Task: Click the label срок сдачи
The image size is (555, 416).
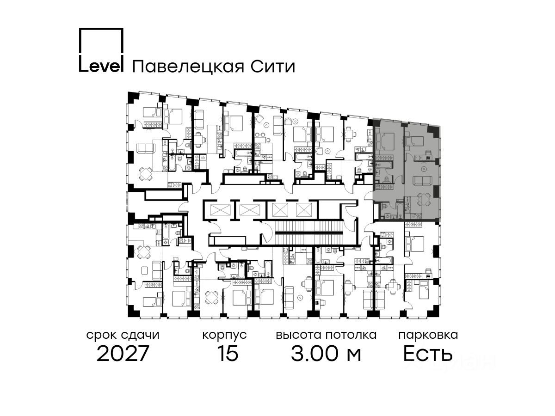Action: (x=123, y=335)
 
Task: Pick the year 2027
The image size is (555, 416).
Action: (x=123, y=354)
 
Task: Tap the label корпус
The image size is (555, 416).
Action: (x=224, y=335)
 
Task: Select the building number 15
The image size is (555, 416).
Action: (x=227, y=354)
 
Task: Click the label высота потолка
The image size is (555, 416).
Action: (x=326, y=335)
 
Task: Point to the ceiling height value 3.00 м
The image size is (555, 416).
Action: (x=326, y=354)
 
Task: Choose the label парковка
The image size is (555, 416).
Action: (x=428, y=335)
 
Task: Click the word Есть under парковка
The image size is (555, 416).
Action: (x=427, y=354)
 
